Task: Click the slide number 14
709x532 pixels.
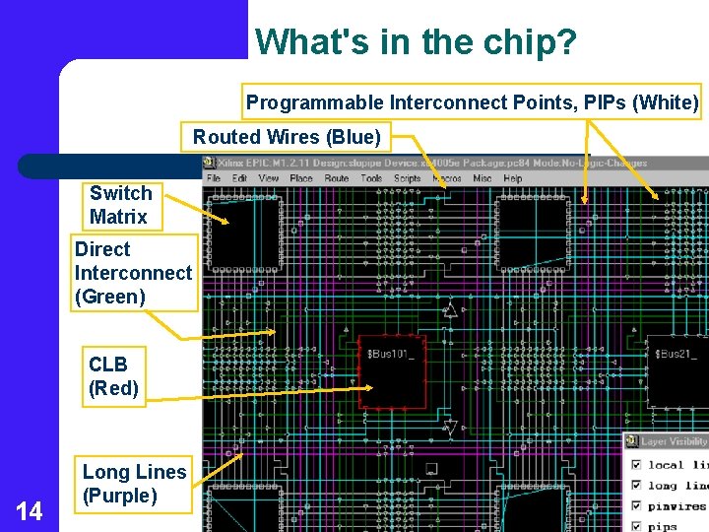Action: click(x=30, y=511)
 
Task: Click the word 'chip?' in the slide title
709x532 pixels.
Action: click(x=537, y=41)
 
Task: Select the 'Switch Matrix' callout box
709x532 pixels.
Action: click(x=120, y=205)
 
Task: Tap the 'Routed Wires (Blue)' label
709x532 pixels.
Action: click(x=286, y=136)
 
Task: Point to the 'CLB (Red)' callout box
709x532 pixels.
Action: click(x=113, y=376)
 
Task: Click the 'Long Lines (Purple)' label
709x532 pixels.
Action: click(x=134, y=484)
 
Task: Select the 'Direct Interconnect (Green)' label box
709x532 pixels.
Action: click(x=133, y=273)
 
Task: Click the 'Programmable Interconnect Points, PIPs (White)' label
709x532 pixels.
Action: click(x=472, y=102)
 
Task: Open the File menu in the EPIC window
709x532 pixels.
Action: click(x=214, y=179)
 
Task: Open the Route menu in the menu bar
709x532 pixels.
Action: click(x=337, y=179)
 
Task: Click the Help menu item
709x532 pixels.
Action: click(x=513, y=179)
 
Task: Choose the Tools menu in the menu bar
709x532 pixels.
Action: click(x=371, y=179)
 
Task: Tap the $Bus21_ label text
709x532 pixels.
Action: click(x=677, y=353)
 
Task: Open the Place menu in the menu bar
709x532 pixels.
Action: click(x=301, y=179)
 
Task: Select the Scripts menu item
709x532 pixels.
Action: click(x=408, y=179)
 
